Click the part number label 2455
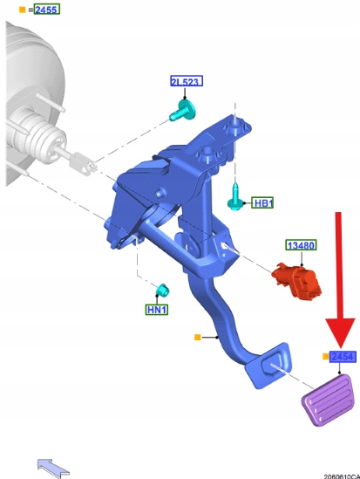(47, 10)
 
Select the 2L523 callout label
(187, 81)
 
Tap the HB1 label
(262, 202)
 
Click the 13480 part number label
(301, 245)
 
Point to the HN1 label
(157, 310)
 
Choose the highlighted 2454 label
(343, 357)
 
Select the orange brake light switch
(296, 280)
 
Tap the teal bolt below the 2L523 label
(183, 110)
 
